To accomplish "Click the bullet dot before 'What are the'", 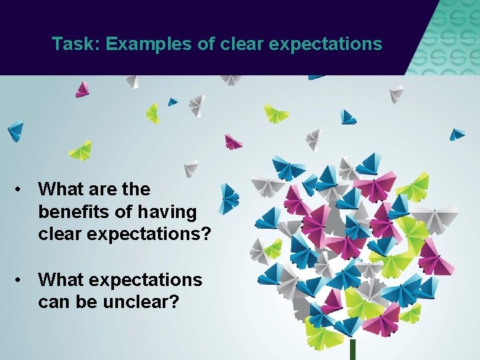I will (x=21, y=190).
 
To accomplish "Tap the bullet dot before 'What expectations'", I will (x=21, y=280).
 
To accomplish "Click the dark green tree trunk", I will (x=353, y=349).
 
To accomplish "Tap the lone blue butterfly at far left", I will (x=15, y=130).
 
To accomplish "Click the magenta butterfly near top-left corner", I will (x=82, y=89).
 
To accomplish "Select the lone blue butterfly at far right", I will (x=456, y=134).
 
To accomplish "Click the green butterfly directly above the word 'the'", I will (x=153, y=113).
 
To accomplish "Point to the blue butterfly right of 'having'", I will (x=229, y=198).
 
